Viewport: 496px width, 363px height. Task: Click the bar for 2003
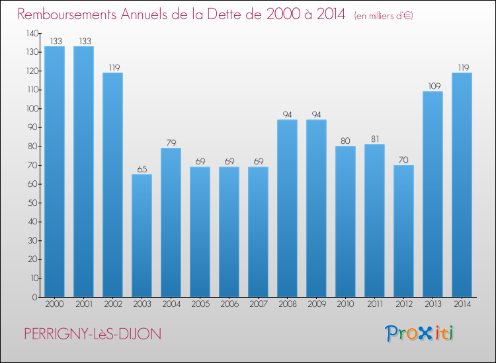pyautogui.click(x=142, y=236)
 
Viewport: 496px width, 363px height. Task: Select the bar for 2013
pyautogui.click(x=433, y=194)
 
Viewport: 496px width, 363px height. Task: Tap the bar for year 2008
pyautogui.click(x=287, y=208)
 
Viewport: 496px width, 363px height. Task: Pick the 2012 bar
pyautogui.click(x=403, y=231)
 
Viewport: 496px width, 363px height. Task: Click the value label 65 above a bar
pyautogui.click(x=142, y=170)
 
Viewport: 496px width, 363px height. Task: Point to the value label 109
pyautogui.click(x=433, y=86)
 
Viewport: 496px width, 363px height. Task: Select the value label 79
pyautogui.click(x=171, y=143)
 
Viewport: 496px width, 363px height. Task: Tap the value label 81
pyautogui.click(x=374, y=139)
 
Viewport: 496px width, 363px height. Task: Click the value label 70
pyautogui.click(x=403, y=160)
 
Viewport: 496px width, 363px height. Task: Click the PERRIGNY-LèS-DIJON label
pyautogui.click(x=92, y=335)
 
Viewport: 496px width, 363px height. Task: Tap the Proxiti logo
pyautogui.click(x=419, y=333)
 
